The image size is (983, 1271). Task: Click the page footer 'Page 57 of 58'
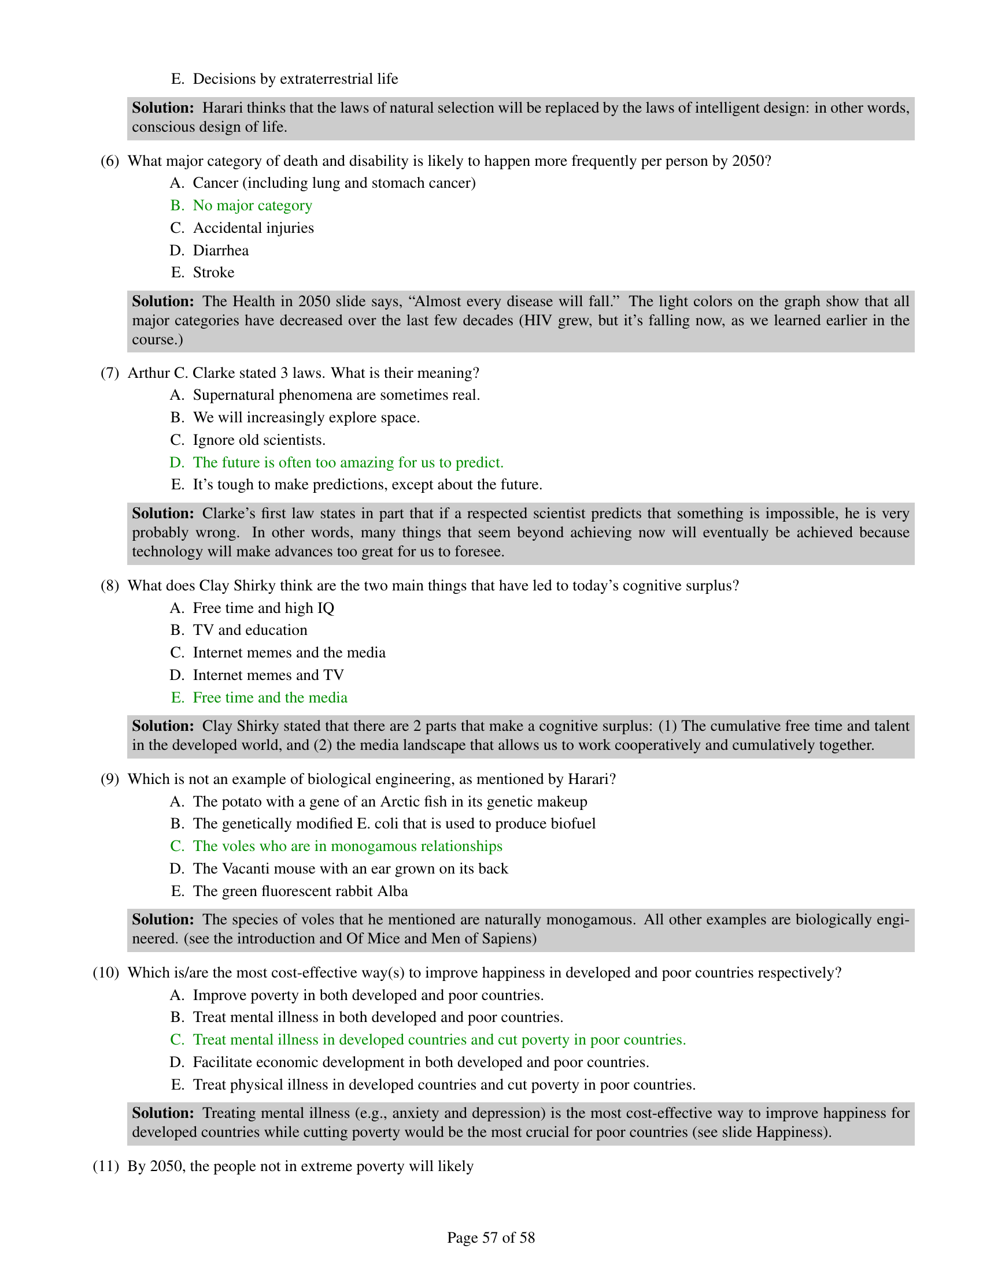[x=491, y=1237]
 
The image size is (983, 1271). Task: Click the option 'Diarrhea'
[x=221, y=250]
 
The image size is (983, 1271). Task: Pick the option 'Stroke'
[x=213, y=272]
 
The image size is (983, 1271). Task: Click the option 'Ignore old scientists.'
[x=259, y=440]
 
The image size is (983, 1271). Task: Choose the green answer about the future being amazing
[x=348, y=463]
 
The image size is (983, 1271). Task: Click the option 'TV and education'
[x=250, y=630]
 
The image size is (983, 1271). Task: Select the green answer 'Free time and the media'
[x=269, y=698]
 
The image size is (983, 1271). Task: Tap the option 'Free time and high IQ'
[x=263, y=608]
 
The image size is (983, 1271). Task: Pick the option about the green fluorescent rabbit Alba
[x=300, y=891]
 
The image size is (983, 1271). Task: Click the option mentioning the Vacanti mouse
[x=350, y=869]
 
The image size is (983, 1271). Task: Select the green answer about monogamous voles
[x=347, y=846]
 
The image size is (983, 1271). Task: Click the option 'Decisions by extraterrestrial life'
[x=295, y=79]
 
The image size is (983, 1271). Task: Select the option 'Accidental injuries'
[x=253, y=228]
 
